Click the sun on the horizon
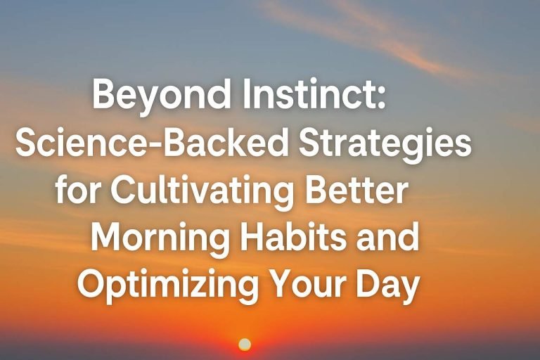pyautogui.click(x=245, y=344)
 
